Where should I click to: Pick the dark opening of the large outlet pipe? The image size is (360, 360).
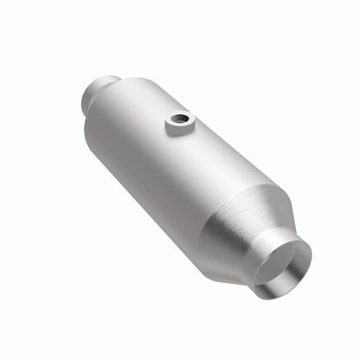click(286, 264)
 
